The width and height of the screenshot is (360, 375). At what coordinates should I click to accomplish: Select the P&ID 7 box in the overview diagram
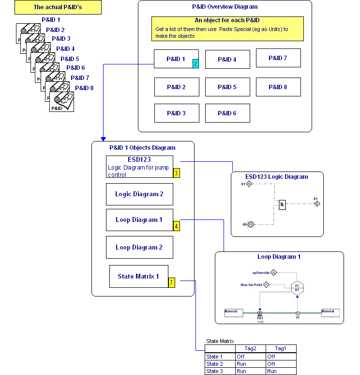pyautogui.click(x=278, y=58)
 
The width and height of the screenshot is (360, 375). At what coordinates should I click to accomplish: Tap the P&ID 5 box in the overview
pyautogui.click(x=227, y=87)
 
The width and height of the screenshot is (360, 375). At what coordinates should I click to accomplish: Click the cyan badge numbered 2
pyautogui.click(x=195, y=63)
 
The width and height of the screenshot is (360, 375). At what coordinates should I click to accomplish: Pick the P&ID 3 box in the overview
pyautogui.click(x=177, y=113)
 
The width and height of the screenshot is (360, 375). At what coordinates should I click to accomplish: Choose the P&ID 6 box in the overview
pyautogui.click(x=227, y=113)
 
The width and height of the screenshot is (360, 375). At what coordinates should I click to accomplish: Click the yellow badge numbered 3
pyautogui.click(x=177, y=173)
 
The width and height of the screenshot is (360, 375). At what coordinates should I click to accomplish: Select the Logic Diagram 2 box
pyautogui.click(x=139, y=194)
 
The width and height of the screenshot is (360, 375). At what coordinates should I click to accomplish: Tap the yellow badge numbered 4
pyautogui.click(x=177, y=226)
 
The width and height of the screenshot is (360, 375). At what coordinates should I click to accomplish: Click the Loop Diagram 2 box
pyautogui.click(x=139, y=247)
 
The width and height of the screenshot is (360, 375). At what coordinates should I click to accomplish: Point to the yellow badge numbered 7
pyautogui.click(x=171, y=283)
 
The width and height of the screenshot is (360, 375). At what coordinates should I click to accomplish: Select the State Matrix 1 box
pyautogui.click(x=138, y=276)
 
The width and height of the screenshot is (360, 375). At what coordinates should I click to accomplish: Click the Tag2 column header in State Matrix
pyautogui.click(x=250, y=348)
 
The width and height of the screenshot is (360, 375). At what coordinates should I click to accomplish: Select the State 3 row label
pyautogui.click(x=215, y=371)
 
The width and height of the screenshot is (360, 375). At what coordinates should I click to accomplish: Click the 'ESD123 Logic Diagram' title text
pyautogui.click(x=276, y=177)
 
